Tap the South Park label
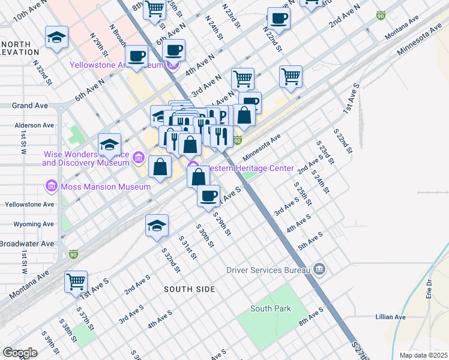tap(271, 308)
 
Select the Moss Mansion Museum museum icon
tap(52, 187)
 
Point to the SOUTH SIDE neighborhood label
tap(190, 289)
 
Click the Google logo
tap(20, 353)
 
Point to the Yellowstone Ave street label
tap(29, 204)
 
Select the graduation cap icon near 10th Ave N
tap(56, 37)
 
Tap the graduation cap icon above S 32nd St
tap(156, 226)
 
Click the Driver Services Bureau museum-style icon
tap(318, 269)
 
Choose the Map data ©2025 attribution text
tap(423, 355)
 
